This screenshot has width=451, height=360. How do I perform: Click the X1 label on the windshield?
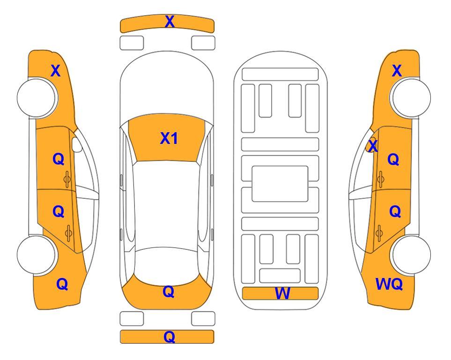(169, 138)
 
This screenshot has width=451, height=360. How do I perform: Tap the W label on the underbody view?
(282, 293)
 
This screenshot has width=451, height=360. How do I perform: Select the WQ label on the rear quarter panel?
(389, 284)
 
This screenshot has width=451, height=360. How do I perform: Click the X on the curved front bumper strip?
(170, 22)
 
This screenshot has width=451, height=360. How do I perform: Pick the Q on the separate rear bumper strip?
(170, 337)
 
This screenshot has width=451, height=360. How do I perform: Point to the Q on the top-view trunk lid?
(169, 292)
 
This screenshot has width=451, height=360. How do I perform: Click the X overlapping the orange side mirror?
(373, 146)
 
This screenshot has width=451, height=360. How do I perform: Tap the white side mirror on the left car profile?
(77, 144)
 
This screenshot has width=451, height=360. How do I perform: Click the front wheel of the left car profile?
(37, 97)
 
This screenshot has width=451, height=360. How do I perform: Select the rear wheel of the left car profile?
(37, 255)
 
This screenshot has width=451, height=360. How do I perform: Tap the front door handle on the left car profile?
(67, 179)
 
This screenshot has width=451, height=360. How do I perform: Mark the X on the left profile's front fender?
(56, 71)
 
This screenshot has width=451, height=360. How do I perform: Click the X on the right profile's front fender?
(397, 71)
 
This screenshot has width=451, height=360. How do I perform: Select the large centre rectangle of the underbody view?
(280, 184)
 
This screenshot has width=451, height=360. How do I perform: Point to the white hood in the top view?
(167, 83)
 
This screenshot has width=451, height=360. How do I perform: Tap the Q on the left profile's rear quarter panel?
(62, 284)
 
